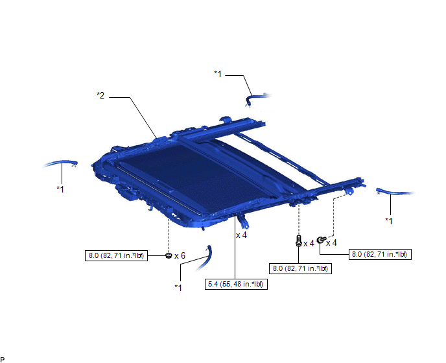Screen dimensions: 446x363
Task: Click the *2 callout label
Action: [x=100, y=95]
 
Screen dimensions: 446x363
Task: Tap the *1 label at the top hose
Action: [x=218, y=74]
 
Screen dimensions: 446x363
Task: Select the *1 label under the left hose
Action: [x=60, y=189]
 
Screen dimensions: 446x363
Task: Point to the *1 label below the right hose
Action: [x=389, y=221]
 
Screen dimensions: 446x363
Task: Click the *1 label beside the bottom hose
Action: [x=178, y=288]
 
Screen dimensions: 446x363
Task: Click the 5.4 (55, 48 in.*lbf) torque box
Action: [x=236, y=284]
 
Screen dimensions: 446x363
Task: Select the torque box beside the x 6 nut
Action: [x=116, y=255]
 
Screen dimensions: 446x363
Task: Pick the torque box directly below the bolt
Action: [x=300, y=268]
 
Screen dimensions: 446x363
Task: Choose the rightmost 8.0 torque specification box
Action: [x=380, y=254]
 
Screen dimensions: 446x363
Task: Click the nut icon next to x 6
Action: [x=169, y=255]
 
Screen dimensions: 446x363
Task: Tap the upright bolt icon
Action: [x=298, y=240]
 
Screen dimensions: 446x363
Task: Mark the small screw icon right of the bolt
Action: [x=320, y=240]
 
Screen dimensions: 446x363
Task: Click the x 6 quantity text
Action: [x=180, y=256]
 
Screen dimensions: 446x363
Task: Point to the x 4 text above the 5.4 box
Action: [x=242, y=235]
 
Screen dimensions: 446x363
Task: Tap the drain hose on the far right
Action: [x=394, y=192]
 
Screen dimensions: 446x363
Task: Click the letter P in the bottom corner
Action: [x=3, y=360]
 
